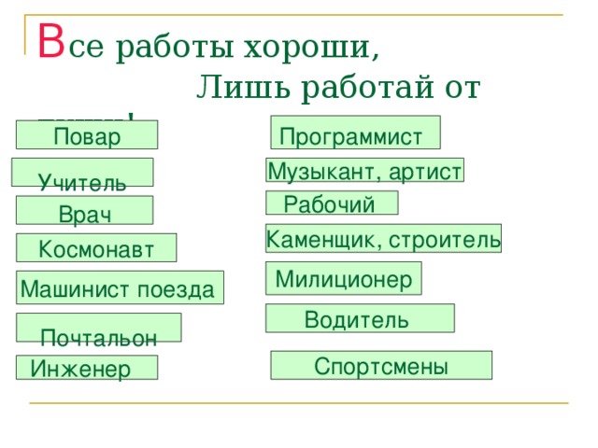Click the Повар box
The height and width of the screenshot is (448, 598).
(87, 136)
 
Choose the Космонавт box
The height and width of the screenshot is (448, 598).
(95, 247)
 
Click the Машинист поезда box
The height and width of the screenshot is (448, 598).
(120, 287)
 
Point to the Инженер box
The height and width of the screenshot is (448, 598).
(86, 368)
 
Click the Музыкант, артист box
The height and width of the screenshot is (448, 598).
(364, 171)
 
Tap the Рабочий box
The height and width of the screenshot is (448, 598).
(332, 203)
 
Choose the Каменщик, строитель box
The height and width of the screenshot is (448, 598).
(383, 239)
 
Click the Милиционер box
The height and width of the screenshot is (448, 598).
(344, 278)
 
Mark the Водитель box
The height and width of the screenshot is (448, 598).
(360, 319)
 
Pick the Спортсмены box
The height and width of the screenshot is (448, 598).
(381, 365)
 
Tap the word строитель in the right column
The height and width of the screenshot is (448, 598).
(445, 240)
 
